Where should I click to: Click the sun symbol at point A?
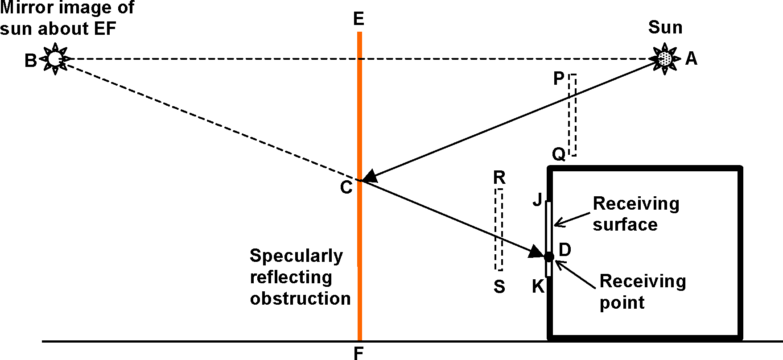pos(665,58)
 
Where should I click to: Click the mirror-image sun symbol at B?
pos(54,58)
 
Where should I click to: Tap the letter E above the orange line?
pos(359,19)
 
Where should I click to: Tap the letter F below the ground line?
pos(359,353)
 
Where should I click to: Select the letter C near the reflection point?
pos(346,188)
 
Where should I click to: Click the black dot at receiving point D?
pos(549,257)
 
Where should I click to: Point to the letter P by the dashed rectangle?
pos(559,79)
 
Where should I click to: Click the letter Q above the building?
pos(559,154)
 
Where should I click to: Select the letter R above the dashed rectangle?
pos(499,178)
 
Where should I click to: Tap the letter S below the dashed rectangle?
pos(499,287)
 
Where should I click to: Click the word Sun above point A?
pos(665,28)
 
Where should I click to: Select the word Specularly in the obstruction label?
pos(296,256)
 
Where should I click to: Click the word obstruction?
pos(300,298)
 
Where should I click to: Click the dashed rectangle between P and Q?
pos(572,115)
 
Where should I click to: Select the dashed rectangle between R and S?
pos(499,230)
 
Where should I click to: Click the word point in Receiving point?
pos(622,303)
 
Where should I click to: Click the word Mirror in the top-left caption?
pos(25,8)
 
